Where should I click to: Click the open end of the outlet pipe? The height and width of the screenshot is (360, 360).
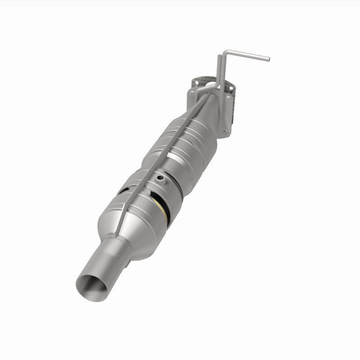(x=92, y=283)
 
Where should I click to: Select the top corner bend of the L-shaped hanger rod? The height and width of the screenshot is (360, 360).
(x=227, y=52)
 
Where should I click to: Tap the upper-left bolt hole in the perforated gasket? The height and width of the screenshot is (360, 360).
(x=197, y=82)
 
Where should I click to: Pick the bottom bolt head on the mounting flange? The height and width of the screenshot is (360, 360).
(x=226, y=133)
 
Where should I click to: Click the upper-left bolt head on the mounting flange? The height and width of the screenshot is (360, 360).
(x=192, y=93)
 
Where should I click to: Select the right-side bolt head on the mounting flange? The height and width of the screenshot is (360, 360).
(x=228, y=99)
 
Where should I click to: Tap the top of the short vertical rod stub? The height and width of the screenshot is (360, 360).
(x=219, y=56)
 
